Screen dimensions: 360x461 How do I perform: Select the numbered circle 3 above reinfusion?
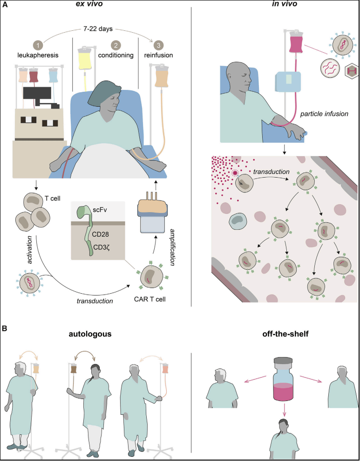tap(158, 45)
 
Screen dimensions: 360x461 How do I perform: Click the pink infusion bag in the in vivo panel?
tap(296, 43)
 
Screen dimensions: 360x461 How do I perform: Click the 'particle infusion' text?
tap(325, 113)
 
